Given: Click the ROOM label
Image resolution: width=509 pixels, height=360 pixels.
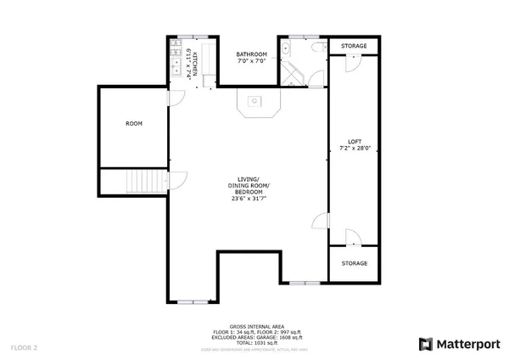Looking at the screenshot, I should pos(134,124).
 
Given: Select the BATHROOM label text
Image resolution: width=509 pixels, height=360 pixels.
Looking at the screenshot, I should pos(251,54).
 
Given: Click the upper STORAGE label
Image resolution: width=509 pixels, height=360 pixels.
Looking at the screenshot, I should pos(355,45).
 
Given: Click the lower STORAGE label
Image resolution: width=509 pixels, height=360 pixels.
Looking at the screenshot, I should pos(355,263).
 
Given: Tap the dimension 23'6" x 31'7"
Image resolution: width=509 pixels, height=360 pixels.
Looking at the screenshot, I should pos(248,200).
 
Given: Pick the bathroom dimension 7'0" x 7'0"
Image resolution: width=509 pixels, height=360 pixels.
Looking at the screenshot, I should pos(251,62).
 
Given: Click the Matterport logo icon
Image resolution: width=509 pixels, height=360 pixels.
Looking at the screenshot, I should pos(427,344).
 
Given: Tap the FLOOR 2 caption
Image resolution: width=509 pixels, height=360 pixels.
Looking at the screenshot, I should pos(24,347).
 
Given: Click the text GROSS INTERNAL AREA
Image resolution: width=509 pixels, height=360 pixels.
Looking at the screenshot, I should pos(255,326).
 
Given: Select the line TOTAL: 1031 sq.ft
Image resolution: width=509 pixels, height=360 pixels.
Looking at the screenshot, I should pos(255,341).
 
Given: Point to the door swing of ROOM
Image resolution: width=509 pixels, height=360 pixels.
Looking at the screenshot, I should pos(173,99).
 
